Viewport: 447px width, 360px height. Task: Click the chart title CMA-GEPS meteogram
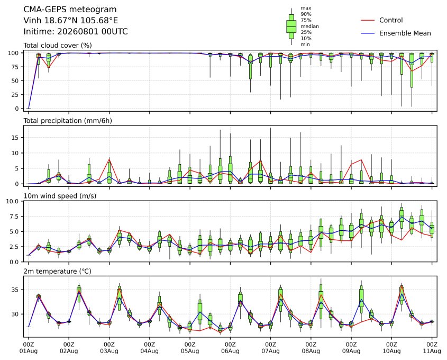[70, 10]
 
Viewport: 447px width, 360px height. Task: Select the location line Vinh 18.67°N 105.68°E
[71, 21]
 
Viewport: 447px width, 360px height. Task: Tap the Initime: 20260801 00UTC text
[76, 31]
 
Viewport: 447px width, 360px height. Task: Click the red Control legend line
[368, 20]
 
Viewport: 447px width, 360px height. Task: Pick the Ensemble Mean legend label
[405, 33]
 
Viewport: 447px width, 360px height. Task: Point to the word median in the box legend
[309, 26]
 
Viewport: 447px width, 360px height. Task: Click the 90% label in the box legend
[306, 14]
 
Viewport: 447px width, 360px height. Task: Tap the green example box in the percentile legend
[291, 26]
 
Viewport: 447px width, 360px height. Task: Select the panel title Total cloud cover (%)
[58, 46]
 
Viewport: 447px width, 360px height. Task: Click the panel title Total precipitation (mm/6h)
[68, 121]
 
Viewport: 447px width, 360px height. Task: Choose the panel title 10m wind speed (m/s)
[60, 196]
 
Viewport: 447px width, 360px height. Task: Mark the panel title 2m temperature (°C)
[57, 271]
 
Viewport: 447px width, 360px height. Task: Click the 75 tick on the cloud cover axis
[15, 67]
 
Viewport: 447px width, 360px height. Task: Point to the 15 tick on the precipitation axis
[15, 138]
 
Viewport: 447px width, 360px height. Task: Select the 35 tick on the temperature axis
[15, 290]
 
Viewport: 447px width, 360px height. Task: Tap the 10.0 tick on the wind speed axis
[12, 201]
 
